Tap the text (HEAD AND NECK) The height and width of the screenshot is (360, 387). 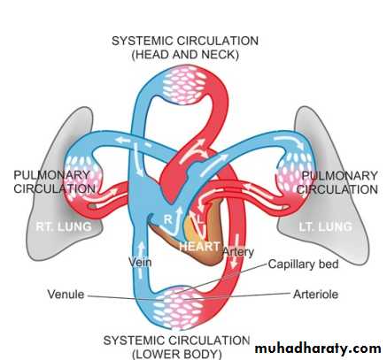pos(185,55)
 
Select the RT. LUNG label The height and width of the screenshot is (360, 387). pos(64,226)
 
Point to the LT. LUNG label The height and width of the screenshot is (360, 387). pos(325,226)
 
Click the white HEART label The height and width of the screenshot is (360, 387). pos(199,246)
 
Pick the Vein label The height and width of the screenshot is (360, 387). pos(140,262)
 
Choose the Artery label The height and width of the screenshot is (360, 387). pos(238,252)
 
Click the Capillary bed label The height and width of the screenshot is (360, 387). pos(303,264)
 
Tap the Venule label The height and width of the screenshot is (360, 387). pos(66,295)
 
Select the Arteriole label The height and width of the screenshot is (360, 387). pos(315,295)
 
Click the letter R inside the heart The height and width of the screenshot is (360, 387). pos(167,219)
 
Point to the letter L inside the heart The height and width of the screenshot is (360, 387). pos(200,219)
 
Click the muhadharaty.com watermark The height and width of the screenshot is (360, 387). pos(318,349)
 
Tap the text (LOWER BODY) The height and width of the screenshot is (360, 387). pos(177,354)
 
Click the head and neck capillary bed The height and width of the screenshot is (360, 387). pos(185,85)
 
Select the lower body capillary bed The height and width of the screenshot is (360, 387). pos(178,308)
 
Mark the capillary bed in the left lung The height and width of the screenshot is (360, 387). pos(296,175)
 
